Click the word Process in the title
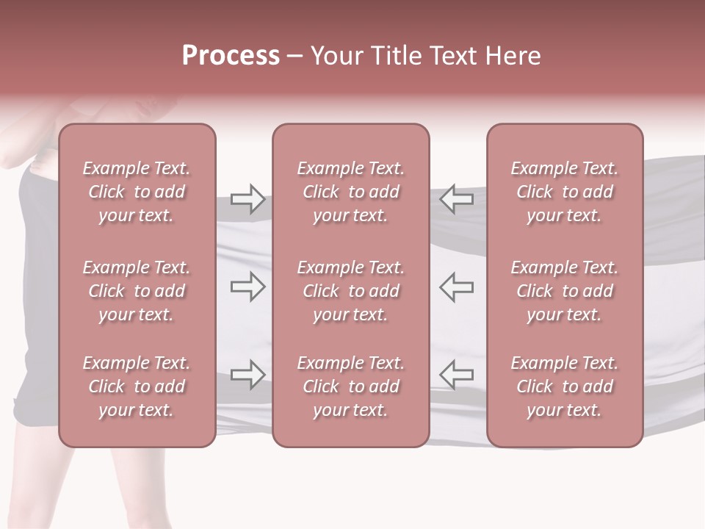(x=231, y=56)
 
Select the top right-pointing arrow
(x=247, y=199)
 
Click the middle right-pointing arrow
(x=247, y=287)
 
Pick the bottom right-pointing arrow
(x=247, y=375)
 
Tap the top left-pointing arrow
(x=456, y=199)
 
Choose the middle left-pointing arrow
(x=456, y=287)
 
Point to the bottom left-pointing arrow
(x=456, y=375)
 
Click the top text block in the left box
(x=137, y=192)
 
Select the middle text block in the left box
(x=137, y=291)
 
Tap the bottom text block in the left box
(x=137, y=386)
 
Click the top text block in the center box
(x=351, y=192)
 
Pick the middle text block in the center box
(x=351, y=291)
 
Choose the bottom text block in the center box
(x=351, y=386)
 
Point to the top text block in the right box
(x=565, y=192)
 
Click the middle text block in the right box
(x=565, y=291)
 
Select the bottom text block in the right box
(x=565, y=386)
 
